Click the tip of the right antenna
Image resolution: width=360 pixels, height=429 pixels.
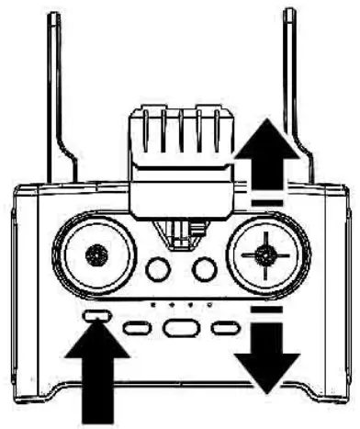[291, 13]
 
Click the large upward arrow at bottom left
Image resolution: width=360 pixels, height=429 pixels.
[95, 376]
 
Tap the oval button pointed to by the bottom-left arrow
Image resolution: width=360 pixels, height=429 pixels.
[95, 316]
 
